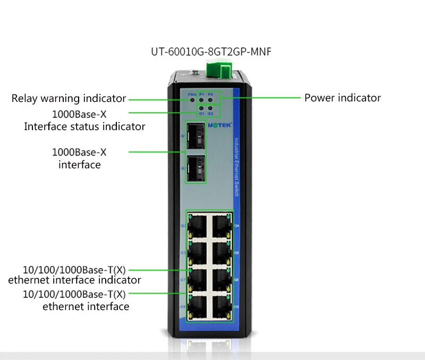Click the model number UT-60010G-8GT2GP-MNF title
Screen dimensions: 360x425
(x=212, y=52)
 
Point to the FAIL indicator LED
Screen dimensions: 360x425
(x=192, y=99)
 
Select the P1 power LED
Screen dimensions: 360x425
(x=201, y=99)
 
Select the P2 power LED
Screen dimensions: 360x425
(x=210, y=99)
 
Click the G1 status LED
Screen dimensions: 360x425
(x=201, y=108)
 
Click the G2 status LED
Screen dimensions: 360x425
(x=210, y=108)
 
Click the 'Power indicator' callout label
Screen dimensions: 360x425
(x=342, y=98)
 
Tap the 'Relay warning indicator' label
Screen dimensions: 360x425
(x=69, y=98)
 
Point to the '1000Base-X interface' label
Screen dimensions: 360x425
(x=79, y=158)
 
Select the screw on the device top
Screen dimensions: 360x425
(x=195, y=72)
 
